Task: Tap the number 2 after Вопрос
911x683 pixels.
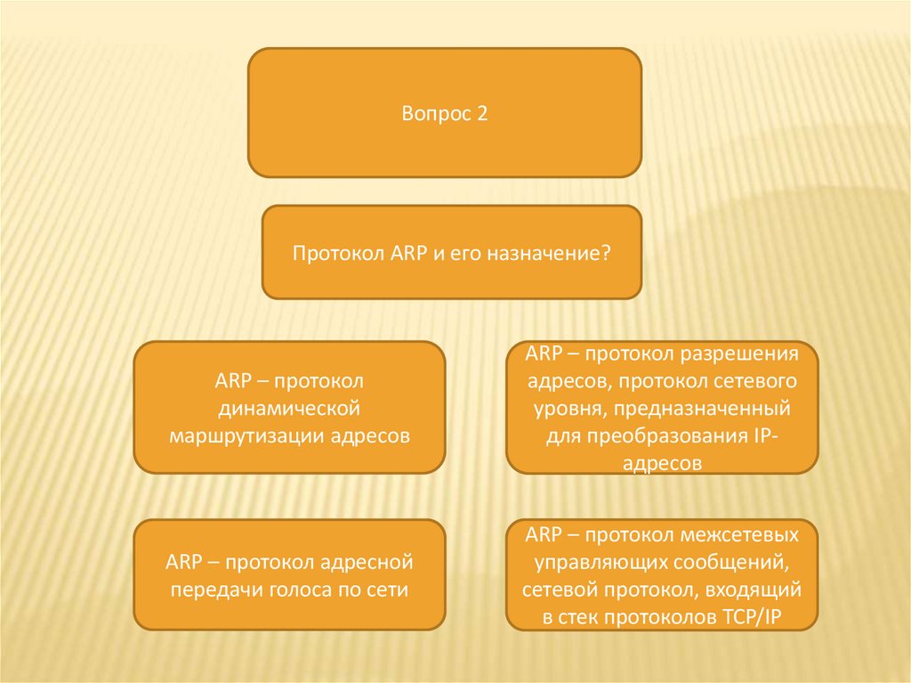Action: pos(482,114)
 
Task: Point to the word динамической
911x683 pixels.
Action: pos(289,409)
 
